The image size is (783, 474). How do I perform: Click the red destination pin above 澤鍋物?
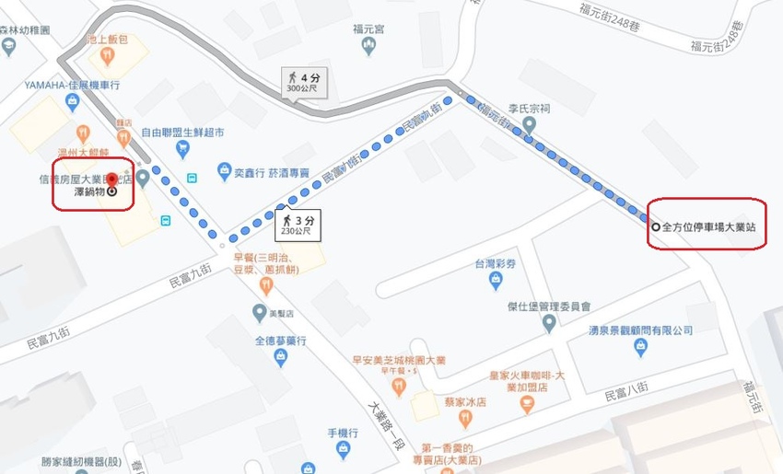click(x=112, y=179)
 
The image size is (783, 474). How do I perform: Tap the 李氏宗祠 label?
click(x=532, y=107)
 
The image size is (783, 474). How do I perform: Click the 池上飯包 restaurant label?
click(x=106, y=40)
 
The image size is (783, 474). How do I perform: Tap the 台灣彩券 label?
click(x=494, y=264)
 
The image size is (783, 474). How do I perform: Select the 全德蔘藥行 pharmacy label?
click(x=280, y=341)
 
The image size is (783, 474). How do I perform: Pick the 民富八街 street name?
click(x=627, y=396)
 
